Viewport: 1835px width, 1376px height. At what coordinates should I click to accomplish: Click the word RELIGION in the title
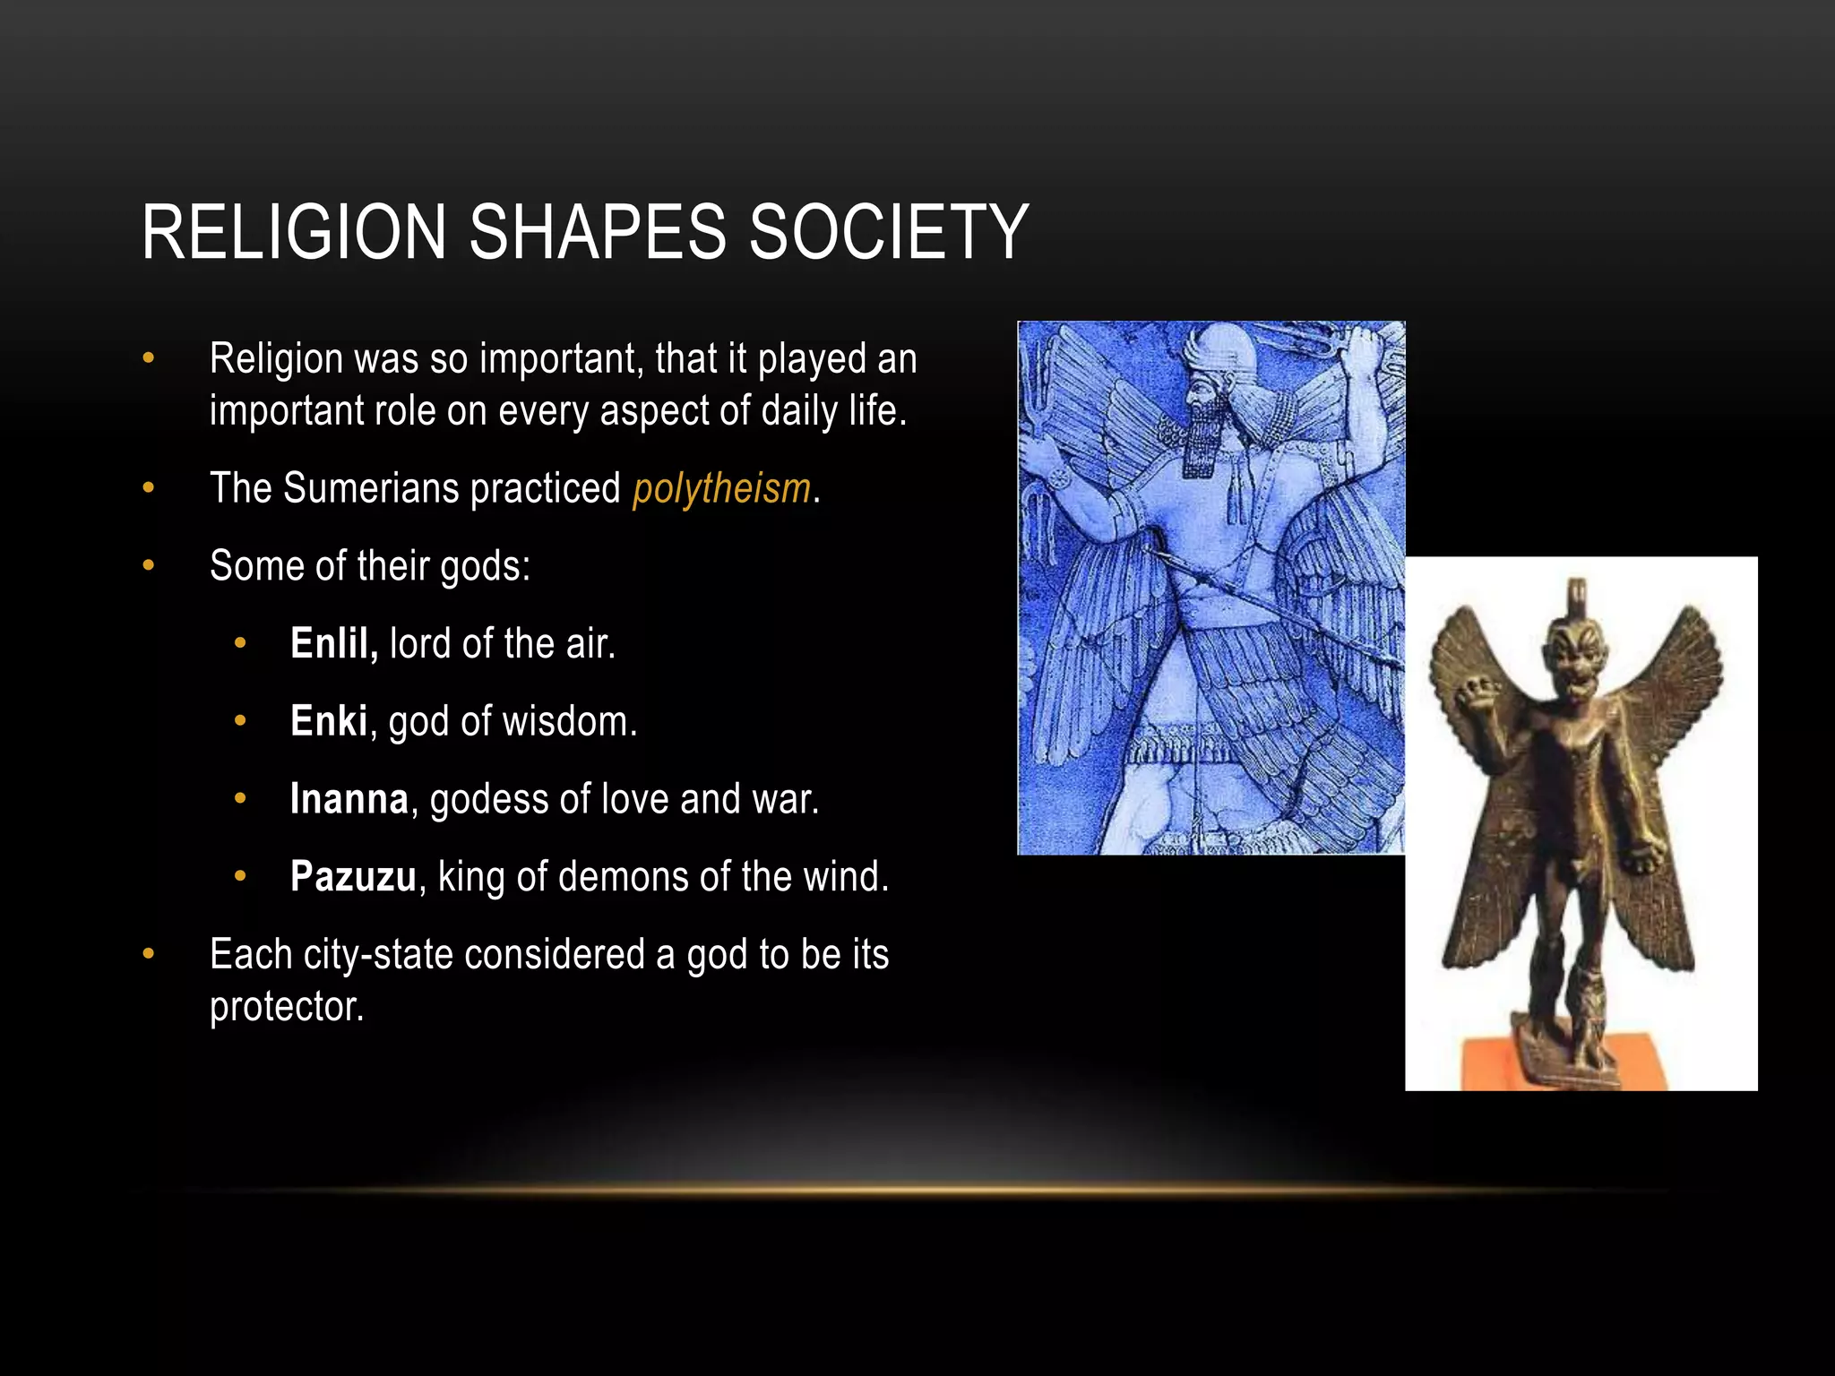coord(294,233)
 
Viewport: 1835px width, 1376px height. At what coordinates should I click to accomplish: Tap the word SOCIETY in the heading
coord(888,233)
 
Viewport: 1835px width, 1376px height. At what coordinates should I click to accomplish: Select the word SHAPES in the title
coord(597,233)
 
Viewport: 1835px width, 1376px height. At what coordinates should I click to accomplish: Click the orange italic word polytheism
coord(721,489)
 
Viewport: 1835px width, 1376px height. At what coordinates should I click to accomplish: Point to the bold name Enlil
coord(333,644)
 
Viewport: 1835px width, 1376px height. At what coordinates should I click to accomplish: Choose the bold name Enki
coord(328,722)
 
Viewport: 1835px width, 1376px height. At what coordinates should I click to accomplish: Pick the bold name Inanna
coord(349,799)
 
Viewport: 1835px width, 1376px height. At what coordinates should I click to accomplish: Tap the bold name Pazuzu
coord(353,877)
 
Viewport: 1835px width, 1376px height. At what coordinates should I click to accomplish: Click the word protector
coord(287,1007)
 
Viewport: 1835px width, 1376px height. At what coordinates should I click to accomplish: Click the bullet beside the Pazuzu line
coord(239,876)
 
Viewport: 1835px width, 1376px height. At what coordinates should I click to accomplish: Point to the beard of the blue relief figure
coord(1205,439)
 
